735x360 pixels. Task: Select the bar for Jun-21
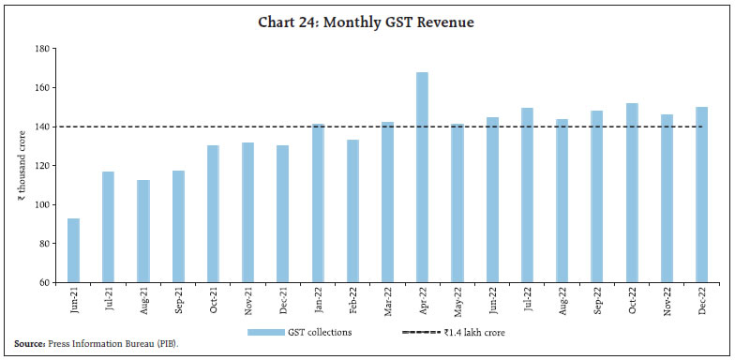click(74, 250)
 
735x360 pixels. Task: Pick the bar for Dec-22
click(700, 194)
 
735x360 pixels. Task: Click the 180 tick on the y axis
click(41, 49)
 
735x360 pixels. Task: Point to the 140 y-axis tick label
click(41, 127)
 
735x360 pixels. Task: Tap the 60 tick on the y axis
click(43, 282)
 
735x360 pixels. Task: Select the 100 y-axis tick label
click(41, 204)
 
